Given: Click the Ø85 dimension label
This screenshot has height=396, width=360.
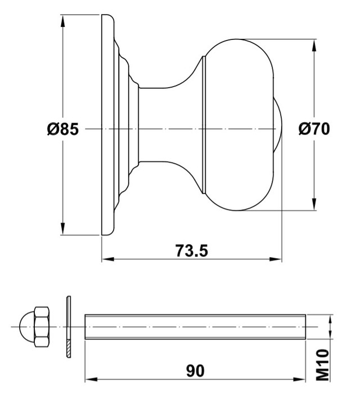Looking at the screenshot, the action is [x=63, y=129].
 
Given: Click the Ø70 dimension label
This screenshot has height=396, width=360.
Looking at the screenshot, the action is [x=314, y=129].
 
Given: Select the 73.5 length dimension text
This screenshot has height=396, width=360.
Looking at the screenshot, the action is [x=192, y=250].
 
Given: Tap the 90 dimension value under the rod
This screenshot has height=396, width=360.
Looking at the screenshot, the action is [x=195, y=371].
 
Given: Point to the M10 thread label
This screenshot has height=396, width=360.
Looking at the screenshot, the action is [x=323, y=365].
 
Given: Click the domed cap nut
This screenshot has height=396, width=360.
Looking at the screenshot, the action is [x=34, y=327].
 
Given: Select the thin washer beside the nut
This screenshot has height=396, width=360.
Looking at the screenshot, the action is [x=69, y=327].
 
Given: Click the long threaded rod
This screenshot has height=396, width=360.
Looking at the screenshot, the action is [x=195, y=327].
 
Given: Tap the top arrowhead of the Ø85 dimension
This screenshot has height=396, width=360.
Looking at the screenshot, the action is [x=63, y=21].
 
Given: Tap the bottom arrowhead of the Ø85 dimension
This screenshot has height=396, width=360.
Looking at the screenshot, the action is [x=63, y=229].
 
